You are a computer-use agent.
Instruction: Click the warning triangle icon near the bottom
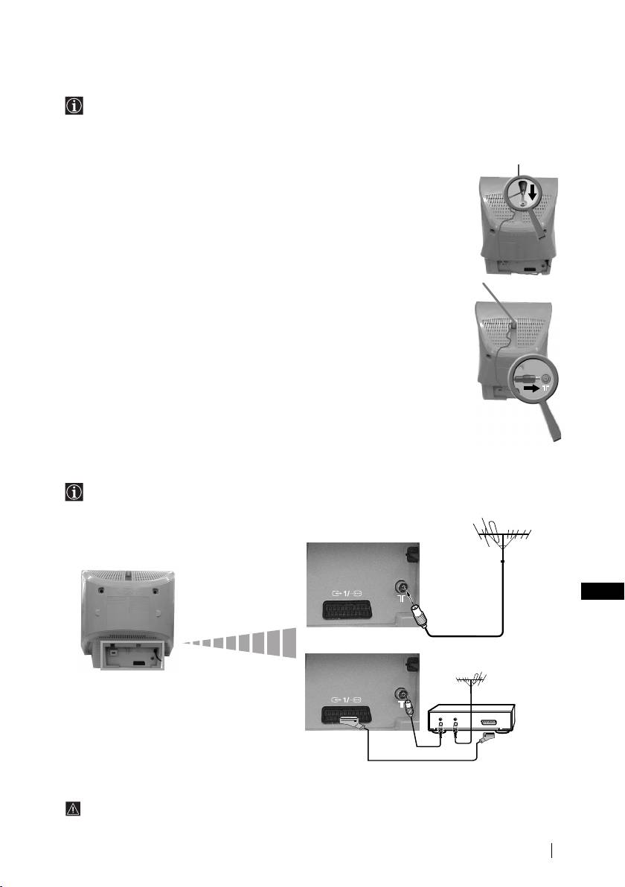coord(70,809)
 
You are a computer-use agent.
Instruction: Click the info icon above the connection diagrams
coord(70,494)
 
